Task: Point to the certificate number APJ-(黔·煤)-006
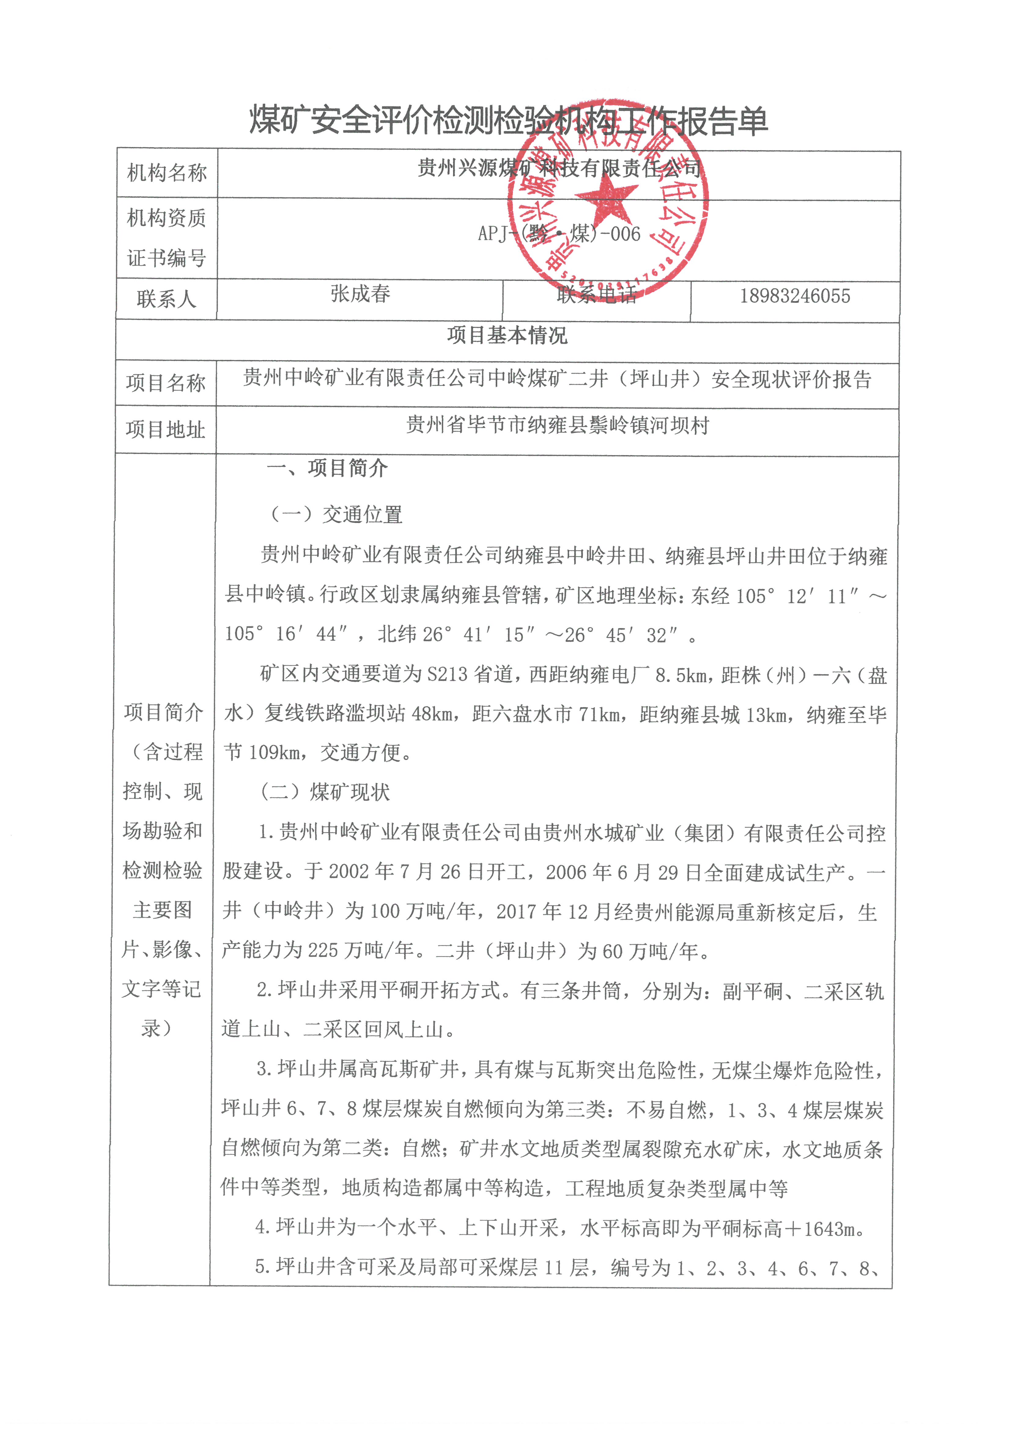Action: pos(559,234)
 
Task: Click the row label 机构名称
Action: pos(166,172)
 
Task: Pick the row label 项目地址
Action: pos(166,429)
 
